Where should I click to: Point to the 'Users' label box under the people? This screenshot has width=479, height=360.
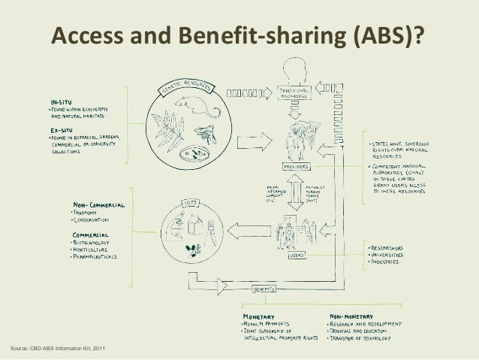298,257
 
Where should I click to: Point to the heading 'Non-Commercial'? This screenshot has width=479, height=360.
98,203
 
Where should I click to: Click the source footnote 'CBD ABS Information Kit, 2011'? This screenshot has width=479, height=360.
56,347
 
